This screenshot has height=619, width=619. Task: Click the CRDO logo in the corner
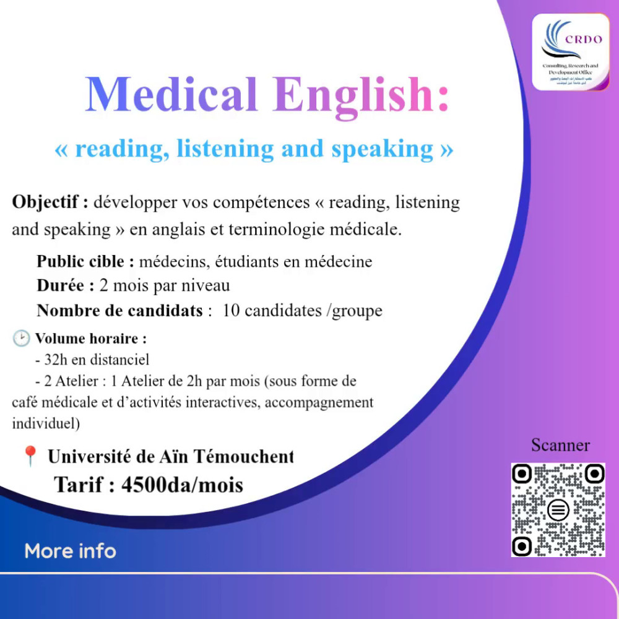click(571, 52)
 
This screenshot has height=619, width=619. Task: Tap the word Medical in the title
click(171, 95)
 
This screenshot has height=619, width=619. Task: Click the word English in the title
click(360, 95)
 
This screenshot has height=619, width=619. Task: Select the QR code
click(558, 509)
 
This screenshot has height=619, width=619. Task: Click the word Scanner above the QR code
click(560, 445)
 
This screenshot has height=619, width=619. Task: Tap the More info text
click(70, 550)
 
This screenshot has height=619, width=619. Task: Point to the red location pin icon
click(29, 456)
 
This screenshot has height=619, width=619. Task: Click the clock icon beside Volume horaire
click(21, 339)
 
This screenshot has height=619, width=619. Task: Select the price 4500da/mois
click(182, 484)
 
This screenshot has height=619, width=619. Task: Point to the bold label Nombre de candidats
click(119, 310)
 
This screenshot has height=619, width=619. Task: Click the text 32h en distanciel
click(92, 359)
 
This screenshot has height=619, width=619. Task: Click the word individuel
click(43, 425)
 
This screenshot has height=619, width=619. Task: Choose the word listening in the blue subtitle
click(225, 149)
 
